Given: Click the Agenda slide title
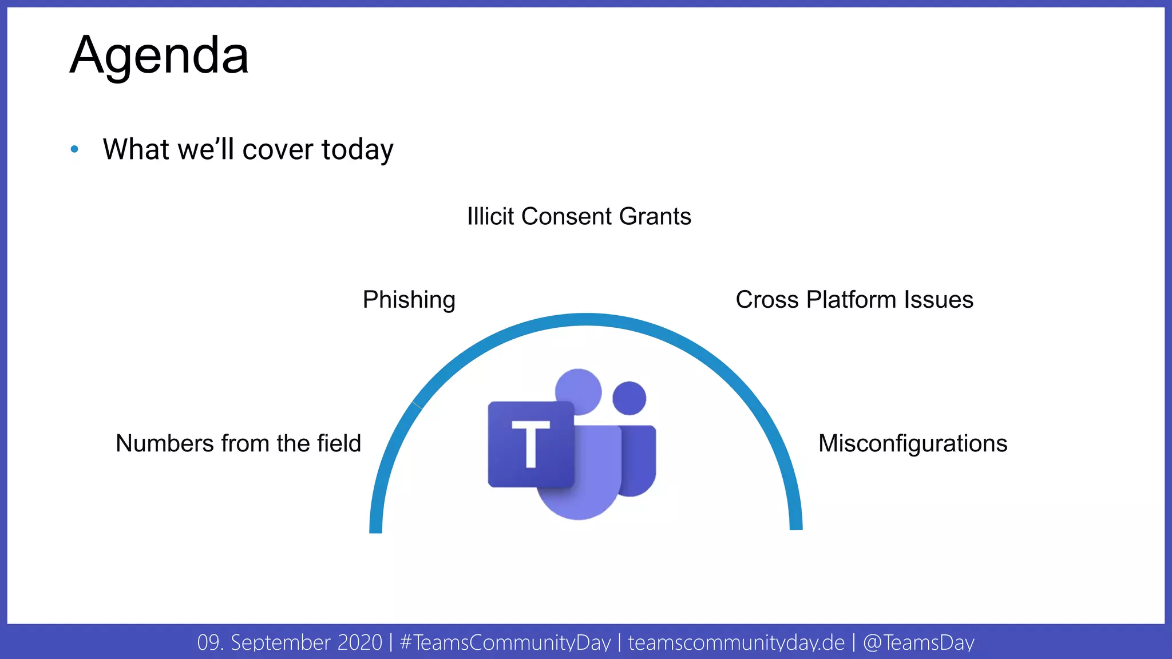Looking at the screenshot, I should pyautogui.click(x=159, y=55).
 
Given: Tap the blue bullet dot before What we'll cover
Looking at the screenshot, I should pyautogui.click(x=74, y=149).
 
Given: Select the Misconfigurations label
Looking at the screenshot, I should pyautogui.click(x=912, y=443).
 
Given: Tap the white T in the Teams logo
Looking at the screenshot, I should pyautogui.click(x=530, y=443).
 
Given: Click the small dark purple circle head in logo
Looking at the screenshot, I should pyautogui.click(x=629, y=398).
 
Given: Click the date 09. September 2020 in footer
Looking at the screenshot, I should pyautogui.click(x=289, y=642).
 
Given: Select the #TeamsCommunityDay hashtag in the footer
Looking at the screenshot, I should pyautogui.click(x=505, y=642).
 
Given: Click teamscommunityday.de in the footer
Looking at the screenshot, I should pyautogui.click(x=736, y=642).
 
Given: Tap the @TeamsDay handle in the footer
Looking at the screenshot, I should pyautogui.click(x=918, y=642).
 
